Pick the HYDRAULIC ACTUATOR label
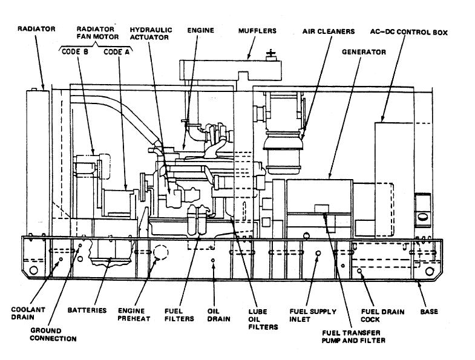point(150,33)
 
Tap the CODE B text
point(75,52)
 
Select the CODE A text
point(117,52)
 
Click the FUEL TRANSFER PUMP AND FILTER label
point(355,336)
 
